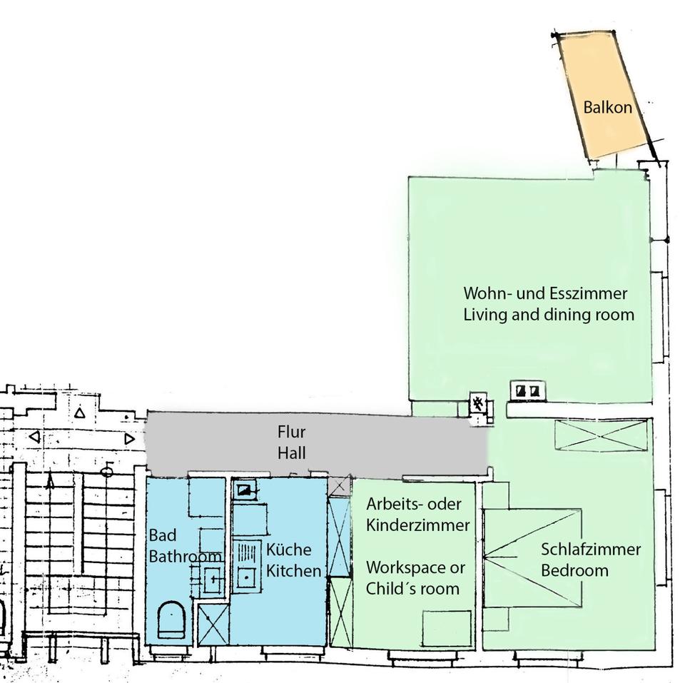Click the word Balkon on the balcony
click(x=608, y=107)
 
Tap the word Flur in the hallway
click(x=291, y=432)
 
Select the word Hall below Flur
click(x=291, y=452)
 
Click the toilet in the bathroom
click(x=171, y=619)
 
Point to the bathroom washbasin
click(x=213, y=580)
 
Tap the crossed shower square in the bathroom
click(x=213, y=624)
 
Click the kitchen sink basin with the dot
click(x=247, y=577)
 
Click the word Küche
click(x=288, y=550)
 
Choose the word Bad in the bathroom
click(x=163, y=535)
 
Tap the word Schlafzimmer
click(x=591, y=550)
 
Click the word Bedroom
click(x=574, y=570)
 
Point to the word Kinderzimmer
click(x=418, y=525)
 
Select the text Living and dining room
click(x=549, y=315)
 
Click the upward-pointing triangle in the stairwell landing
click(x=79, y=413)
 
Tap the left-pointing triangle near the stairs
click(x=34, y=436)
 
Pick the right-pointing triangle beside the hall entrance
click(x=129, y=438)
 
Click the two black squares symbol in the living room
click(x=527, y=390)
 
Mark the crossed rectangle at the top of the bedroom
click(x=601, y=435)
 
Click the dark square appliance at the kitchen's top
click(x=245, y=490)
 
